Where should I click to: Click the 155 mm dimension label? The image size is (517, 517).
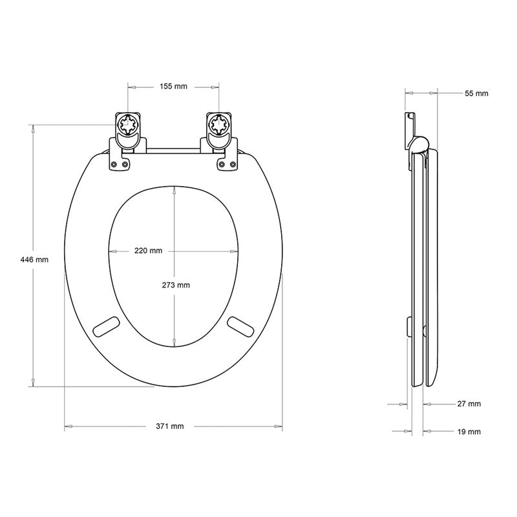point(173,87)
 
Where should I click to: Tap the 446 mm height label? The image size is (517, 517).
point(34,260)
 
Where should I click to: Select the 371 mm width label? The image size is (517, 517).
point(170,427)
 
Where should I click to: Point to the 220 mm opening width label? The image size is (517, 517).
point(149,251)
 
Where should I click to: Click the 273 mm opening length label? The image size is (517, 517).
point(176,285)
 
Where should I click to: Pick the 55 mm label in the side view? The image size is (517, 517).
point(476,93)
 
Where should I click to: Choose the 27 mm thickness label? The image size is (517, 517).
point(469,403)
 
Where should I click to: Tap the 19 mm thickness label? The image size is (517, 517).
point(469,432)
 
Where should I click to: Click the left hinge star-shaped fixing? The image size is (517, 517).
point(128,125)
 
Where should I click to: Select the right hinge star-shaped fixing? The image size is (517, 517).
point(219,125)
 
